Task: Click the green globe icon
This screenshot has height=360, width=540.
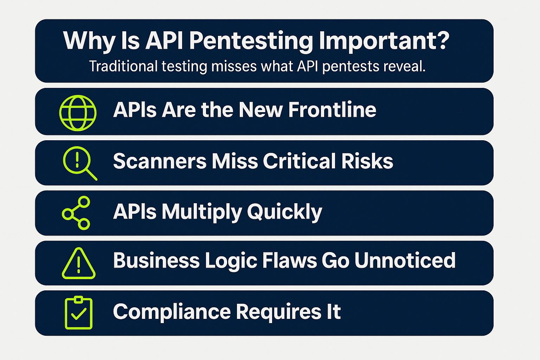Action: pyautogui.click(x=78, y=113)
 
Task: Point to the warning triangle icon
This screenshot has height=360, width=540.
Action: pyautogui.click(x=78, y=264)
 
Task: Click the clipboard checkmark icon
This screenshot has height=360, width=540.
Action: pyautogui.click(x=79, y=313)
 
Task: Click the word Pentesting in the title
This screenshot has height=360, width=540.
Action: pyautogui.click(x=251, y=41)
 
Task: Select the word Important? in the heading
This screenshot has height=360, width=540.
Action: pyautogui.click(x=384, y=41)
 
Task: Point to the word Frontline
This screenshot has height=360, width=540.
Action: pyautogui.click(x=332, y=110)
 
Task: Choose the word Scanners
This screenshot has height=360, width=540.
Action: pyautogui.click(x=160, y=161)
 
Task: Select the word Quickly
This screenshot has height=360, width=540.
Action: pyautogui.click(x=284, y=212)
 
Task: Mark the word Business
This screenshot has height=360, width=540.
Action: pyautogui.click(x=156, y=261)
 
